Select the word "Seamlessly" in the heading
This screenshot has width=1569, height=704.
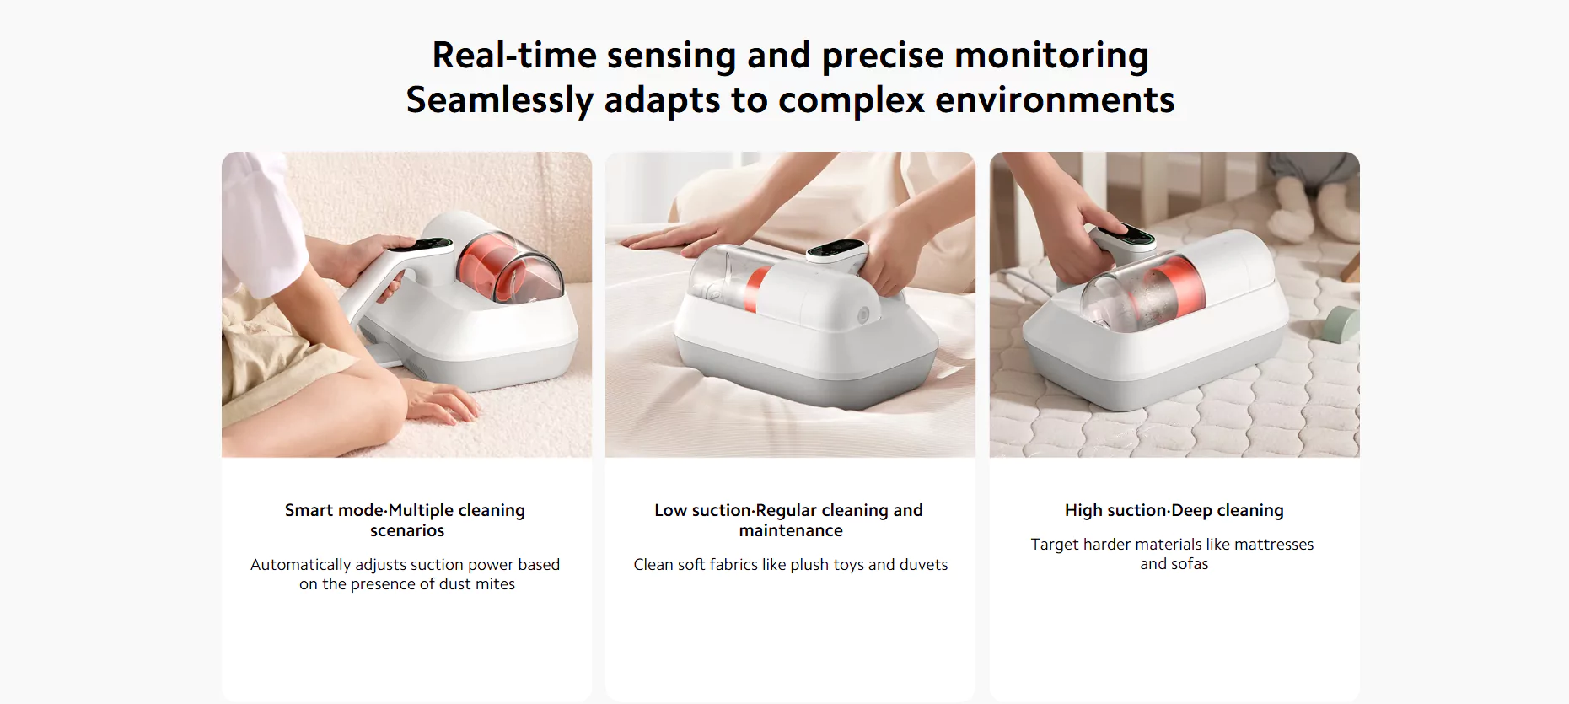click(500, 101)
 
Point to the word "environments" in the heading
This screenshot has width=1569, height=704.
click(1055, 100)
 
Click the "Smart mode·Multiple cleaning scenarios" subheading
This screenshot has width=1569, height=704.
click(406, 520)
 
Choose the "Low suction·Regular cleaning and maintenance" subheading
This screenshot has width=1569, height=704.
click(789, 520)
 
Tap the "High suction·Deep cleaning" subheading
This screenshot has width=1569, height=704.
click(1174, 510)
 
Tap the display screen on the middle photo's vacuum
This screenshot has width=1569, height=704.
click(835, 250)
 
